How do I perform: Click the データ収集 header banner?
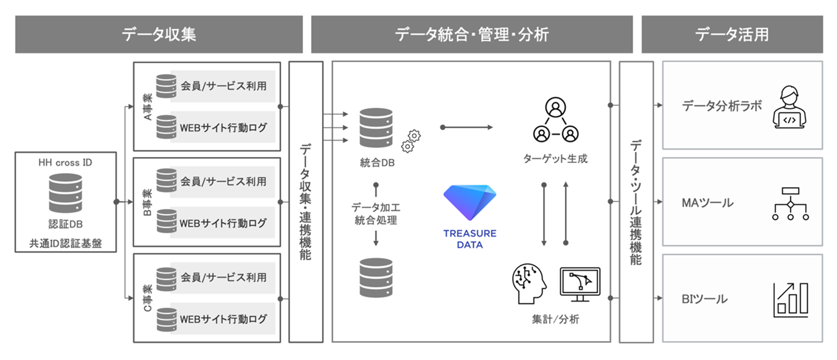click(x=159, y=34)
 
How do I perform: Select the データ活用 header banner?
click(x=732, y=34)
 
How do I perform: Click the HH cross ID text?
click(x=65, y=163)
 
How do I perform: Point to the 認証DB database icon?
click(x=65, y=193)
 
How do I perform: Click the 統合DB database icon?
click(x=376, y=127)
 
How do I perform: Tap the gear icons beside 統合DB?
click(x=411, y=141)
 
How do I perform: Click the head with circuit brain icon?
click(x=529, y=284)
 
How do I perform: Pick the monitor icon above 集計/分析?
click(x=580, y=284)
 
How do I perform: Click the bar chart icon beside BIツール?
click(x=791, y=300)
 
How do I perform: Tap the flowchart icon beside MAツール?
click(x=790, y=204)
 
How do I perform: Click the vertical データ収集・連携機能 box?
click(x=306, y=202)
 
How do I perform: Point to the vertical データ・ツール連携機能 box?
click(x=636, y=202)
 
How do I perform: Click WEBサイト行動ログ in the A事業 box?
click(x=223, y=128)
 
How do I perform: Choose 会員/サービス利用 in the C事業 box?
click(x=223, y=277)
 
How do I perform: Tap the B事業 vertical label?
click(x=148, y=202)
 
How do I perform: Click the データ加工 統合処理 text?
click(x=376, y=214)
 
